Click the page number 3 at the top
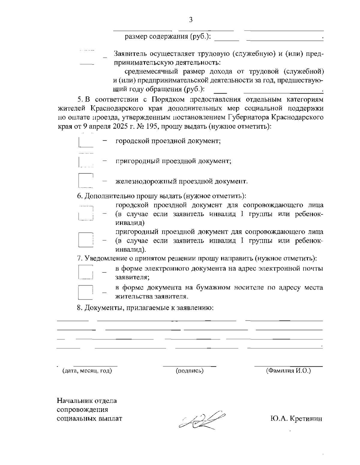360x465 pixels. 190,20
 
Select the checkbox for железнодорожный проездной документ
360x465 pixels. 86,180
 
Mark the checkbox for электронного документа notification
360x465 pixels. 86,272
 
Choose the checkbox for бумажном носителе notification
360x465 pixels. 86,292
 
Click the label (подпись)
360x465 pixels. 190,371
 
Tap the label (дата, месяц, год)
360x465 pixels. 87,371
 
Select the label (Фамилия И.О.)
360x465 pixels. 288,371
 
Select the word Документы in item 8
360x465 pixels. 104,308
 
